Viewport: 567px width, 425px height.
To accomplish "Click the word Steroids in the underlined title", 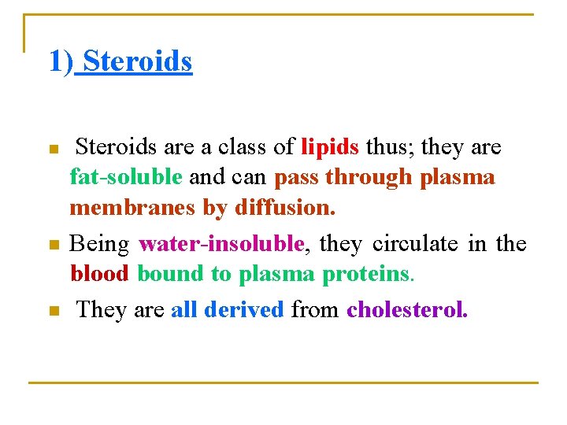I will (x=138, y=61).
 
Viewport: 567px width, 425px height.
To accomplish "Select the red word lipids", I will (x=330, y=147).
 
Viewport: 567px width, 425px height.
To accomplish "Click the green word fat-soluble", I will (x=126, y=177).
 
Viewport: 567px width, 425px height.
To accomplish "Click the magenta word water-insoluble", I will (x=221, y=244).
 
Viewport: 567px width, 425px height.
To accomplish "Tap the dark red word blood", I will (x=100, y=274).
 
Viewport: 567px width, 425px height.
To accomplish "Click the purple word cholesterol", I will (x=407, y=309).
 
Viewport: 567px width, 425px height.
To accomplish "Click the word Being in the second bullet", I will (x=99, y=244).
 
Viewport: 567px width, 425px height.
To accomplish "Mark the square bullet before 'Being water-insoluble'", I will (x=54, y=246).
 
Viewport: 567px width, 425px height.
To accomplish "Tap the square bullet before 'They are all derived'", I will (x=54, y=312).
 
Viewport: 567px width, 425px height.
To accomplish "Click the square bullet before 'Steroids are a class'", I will (x=54, y=150).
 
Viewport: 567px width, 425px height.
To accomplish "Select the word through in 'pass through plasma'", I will (x=369, y=177).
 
